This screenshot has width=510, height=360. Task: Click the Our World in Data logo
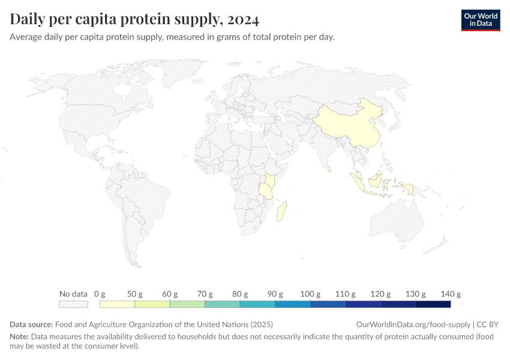(480, 20)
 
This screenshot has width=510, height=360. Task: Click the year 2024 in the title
(244, 20)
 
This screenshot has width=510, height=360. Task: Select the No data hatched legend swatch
(73, 304)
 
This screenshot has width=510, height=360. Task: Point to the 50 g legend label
(135, 294)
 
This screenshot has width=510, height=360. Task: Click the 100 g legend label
(310, 294)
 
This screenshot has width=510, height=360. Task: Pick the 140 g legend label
(451, 294)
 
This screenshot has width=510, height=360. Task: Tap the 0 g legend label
(100, 294)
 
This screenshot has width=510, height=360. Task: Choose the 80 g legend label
(240, 294)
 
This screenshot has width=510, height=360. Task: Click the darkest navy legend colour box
(433, 304)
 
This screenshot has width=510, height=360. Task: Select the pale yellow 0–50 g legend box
(117, 304)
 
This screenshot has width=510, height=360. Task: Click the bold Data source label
(31, 324)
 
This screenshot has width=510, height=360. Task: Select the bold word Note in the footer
(19, 337)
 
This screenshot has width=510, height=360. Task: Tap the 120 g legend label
(380, 294)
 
